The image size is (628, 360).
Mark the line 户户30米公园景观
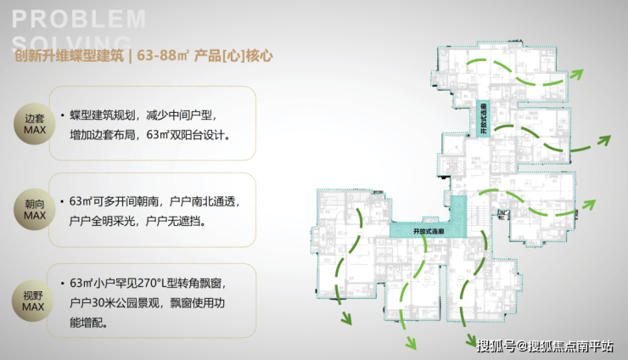tap(127, 301)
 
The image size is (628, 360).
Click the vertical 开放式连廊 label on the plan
tap(483, 123)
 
